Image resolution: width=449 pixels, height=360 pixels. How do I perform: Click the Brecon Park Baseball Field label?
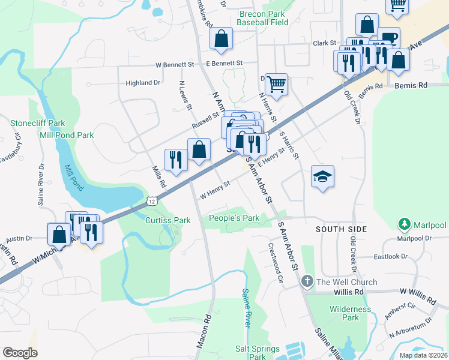coord(262,18)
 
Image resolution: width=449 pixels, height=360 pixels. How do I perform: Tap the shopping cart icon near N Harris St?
coord(276,85)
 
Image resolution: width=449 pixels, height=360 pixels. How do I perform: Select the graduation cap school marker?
coord(322,176)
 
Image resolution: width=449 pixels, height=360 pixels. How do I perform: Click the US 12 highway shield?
coord(154,198)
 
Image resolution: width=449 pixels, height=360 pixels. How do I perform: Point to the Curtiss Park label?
coord(168,220)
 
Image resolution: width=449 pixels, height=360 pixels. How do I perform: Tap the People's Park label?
coord(234,218)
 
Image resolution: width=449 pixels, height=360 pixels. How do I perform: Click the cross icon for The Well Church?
coord(307,281)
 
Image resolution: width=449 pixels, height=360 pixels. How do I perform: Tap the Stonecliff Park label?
coord(37,123)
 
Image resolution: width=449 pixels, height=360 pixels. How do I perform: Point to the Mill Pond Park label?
coord(66,135)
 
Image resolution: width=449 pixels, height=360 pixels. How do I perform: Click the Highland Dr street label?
coord(143,83)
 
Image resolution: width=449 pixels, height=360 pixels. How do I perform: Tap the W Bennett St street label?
coord(175,64)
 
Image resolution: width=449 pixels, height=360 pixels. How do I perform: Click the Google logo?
coord(20,353)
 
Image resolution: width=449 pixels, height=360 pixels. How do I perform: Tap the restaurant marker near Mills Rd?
coord(176,160)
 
